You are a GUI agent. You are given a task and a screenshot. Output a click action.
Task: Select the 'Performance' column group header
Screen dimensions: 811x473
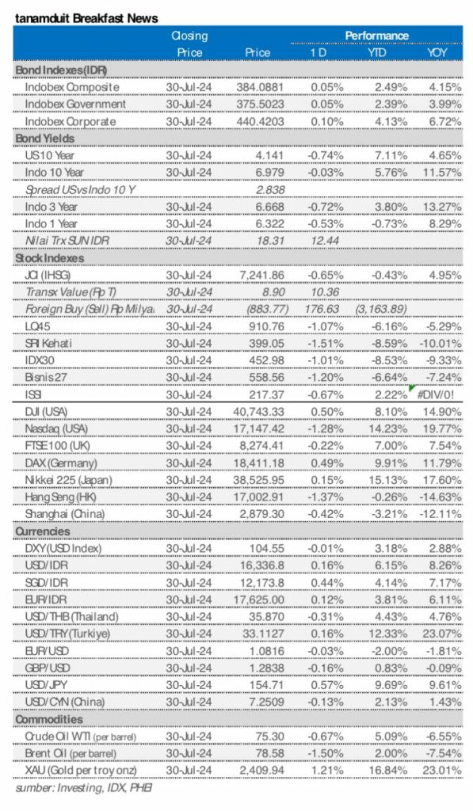pyautogui.click(x=376, y=36)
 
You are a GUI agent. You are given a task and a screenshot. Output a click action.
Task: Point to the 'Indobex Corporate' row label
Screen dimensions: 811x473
pyautogui.click(x=71, y=121)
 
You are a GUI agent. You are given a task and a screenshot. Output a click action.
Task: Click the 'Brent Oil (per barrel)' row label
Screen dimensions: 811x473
pyautogui.click(x=76, y=755)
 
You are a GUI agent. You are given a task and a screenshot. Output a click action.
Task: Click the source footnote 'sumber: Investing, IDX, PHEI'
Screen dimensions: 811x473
pyautogui.click(x=84, y=789)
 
